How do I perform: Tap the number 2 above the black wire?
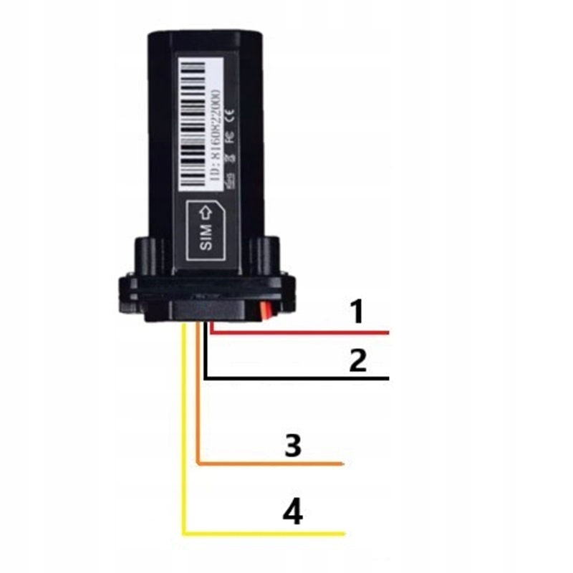click(357, 360)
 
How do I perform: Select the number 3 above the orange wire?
click(292, 446)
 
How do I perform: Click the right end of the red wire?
click(386, 333)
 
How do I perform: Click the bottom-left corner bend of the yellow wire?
click(186, 532)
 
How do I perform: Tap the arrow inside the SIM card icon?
click(203, 212)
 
